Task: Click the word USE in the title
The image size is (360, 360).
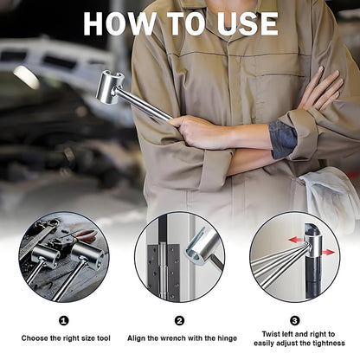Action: pos(247,24)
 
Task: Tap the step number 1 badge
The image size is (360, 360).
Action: pos(64,320)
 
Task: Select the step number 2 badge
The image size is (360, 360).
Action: pos(179,320)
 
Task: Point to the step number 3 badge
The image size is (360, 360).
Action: pos(294,320)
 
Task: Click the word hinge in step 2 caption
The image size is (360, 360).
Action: pos(226,338)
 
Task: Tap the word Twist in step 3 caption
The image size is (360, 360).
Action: pos(270,334)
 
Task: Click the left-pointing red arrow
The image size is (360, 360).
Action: pos(296,240)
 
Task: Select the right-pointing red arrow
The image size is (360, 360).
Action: pos(328,253)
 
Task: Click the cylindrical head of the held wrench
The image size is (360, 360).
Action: pos(111,87)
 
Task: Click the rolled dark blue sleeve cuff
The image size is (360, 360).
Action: pos(283,139)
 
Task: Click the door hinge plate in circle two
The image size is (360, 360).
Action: pos(164,271)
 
